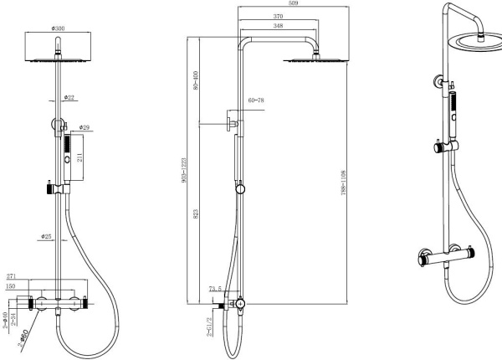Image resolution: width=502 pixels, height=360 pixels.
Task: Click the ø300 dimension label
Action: tap(59, 29)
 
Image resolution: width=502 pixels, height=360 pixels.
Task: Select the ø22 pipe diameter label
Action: tap(71, 99)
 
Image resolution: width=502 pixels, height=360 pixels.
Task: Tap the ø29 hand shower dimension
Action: tap(85, 128)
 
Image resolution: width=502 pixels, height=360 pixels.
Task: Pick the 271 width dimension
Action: tap(11, 275)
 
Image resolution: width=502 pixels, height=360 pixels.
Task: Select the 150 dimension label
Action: tap(11, 285)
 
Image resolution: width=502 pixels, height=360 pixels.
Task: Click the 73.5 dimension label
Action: tap(216, 290)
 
